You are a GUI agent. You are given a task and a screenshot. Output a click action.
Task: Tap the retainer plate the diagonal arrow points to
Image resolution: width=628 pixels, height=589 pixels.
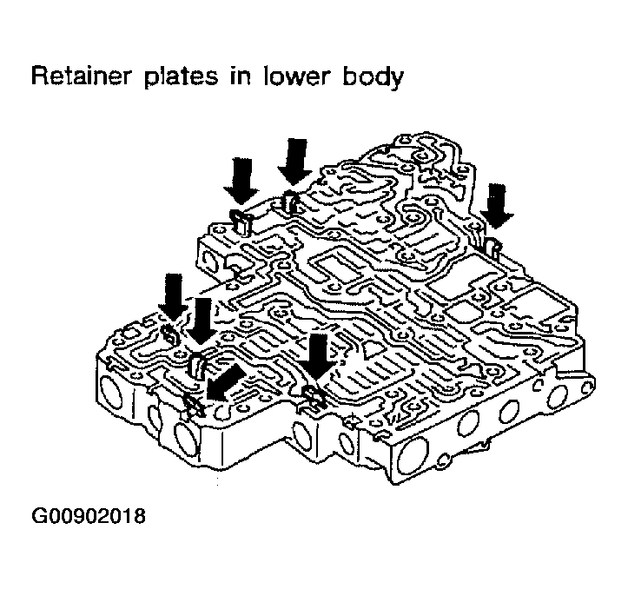[195, 401]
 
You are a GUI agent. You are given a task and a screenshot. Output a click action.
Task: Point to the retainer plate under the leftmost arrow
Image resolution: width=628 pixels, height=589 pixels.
[170, 334]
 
